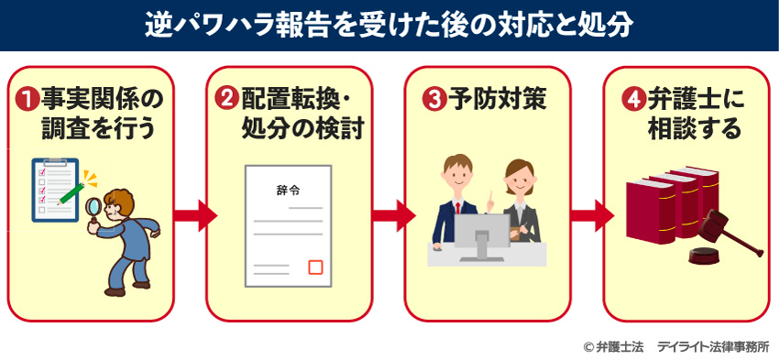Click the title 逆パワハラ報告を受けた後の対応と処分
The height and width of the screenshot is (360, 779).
389,24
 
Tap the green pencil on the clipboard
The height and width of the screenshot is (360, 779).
72,190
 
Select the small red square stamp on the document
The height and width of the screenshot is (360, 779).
316,267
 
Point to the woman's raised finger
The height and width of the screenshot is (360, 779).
490,194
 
